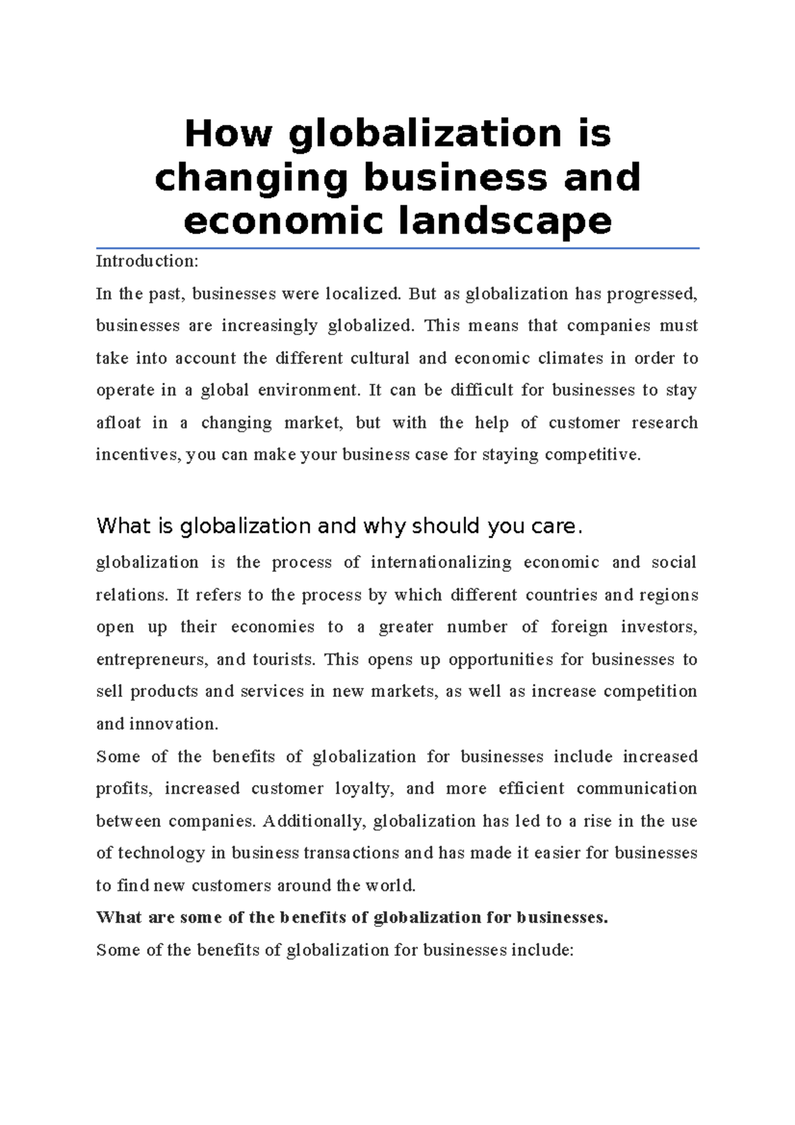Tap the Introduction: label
[x=147, y=261]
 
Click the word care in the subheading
[x=555, y=526]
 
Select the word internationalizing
[x=441, y=562]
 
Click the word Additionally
[x=313, y=822]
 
